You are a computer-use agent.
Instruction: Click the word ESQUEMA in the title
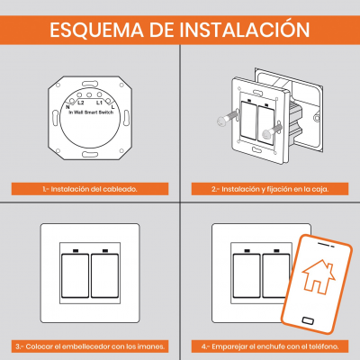point(96,30)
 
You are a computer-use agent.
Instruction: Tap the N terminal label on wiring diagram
point(67,106)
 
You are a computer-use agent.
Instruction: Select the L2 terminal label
point(81,103)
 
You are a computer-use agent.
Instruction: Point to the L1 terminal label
point(99,103)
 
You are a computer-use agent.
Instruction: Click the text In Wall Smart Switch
point(91,112)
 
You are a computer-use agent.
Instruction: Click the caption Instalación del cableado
point(90,189)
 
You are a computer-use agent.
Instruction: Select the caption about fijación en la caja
point(270,189)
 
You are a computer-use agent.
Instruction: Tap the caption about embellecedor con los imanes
point(90,346)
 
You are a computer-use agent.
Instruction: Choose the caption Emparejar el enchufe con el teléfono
point(270,346)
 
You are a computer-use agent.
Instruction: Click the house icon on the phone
point(319,277)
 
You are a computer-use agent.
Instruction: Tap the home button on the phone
point(308,320)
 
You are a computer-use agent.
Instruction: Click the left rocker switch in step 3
point(75,275)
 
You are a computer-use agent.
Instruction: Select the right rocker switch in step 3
point(104,275)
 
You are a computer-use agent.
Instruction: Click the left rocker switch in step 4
point(247,275)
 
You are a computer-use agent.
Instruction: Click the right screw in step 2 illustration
point(272,131)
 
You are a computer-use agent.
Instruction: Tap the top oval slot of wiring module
point(90,83)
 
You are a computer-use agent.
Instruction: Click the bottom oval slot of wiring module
point(90,155)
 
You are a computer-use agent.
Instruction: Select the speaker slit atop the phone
point(326,244)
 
